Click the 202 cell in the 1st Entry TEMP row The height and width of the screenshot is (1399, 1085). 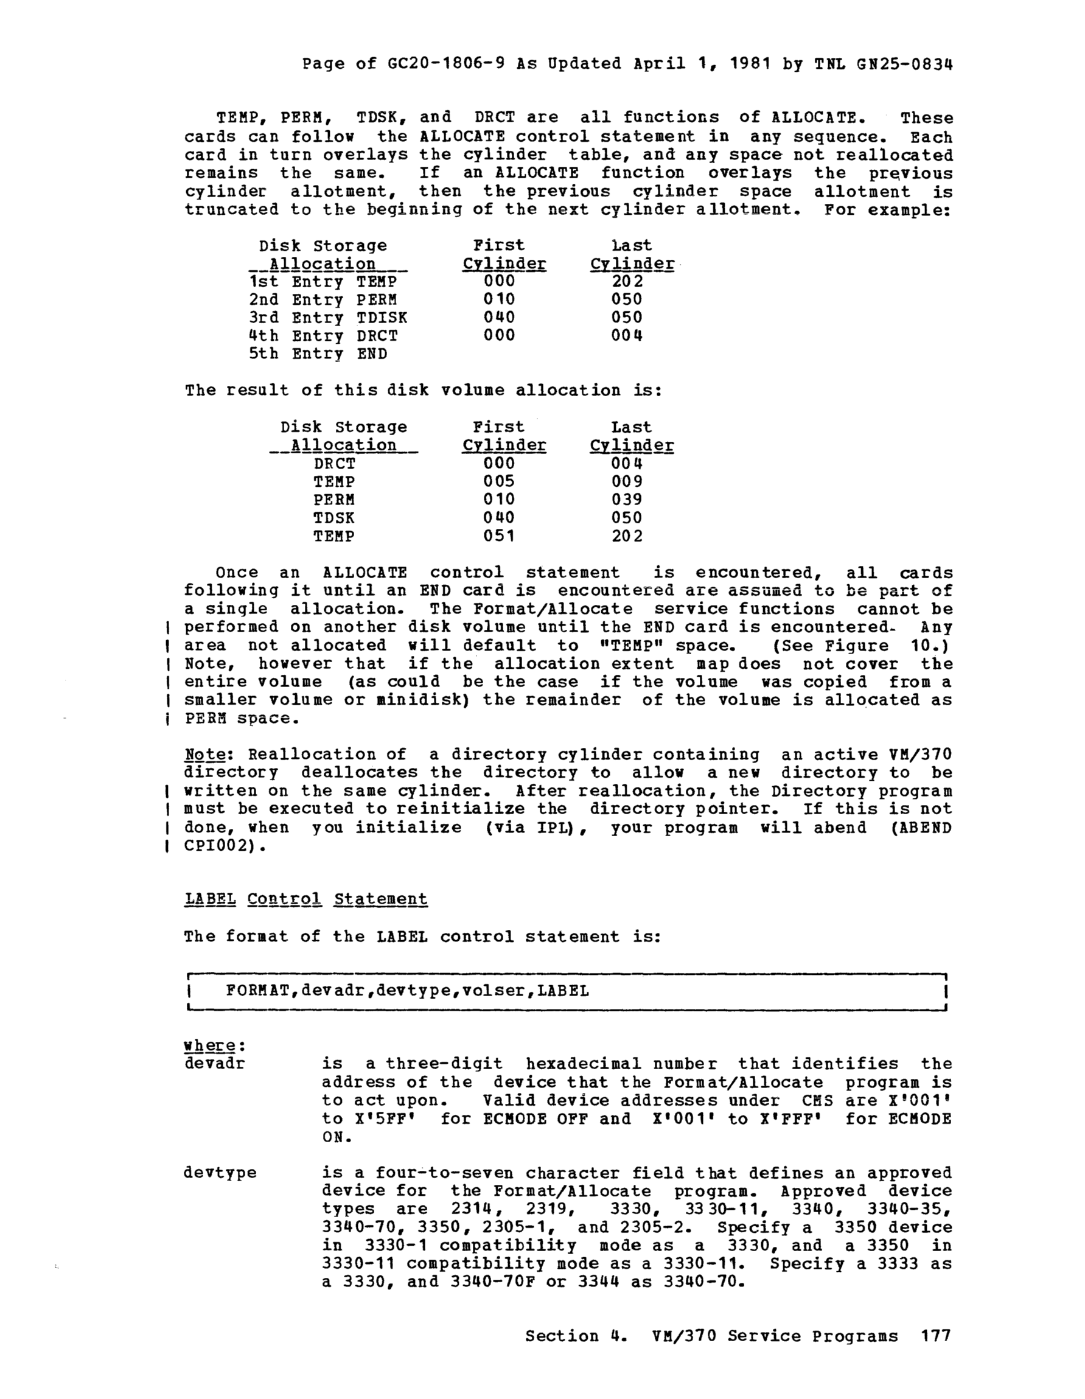click(627, 281)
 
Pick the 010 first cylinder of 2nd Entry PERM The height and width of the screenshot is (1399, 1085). click(499, 299)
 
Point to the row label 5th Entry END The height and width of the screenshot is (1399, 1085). click(318, 354)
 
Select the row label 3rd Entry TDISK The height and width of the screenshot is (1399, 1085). click(327, 318)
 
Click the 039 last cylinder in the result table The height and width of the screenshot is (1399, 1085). click(627, 500)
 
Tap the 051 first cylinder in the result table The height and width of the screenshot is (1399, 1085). click(499, 536)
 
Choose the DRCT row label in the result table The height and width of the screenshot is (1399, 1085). click(333, 463)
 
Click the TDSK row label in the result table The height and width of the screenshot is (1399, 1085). click(333, 518)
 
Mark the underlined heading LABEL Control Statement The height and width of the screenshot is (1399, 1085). click(305, 899)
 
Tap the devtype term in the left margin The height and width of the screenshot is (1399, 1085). click(220, 1173)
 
